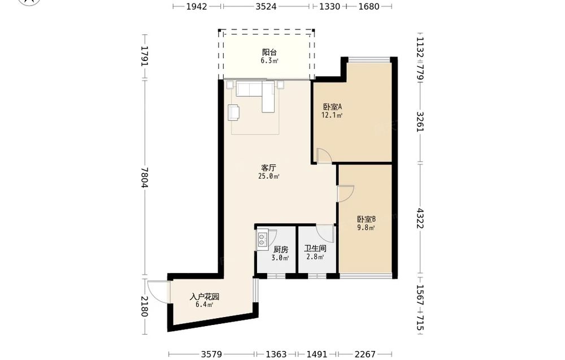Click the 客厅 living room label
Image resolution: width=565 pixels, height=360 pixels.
(268, 167)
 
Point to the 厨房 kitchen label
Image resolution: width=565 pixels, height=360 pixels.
(280, 249)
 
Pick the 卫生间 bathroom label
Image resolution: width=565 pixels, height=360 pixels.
(315, 248)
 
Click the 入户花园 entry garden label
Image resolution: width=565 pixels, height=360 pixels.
(204, 296)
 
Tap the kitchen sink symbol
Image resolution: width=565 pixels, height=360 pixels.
(263, 240)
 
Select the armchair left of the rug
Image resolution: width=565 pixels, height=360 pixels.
(233, 112)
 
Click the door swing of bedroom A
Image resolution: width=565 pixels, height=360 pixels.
(324, 156)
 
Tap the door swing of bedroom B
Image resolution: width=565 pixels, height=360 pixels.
(345, 193)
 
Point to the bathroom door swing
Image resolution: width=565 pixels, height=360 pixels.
(325, 232)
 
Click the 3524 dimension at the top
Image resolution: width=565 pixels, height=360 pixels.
(266, 7)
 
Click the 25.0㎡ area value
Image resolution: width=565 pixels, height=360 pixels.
(269, 176)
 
